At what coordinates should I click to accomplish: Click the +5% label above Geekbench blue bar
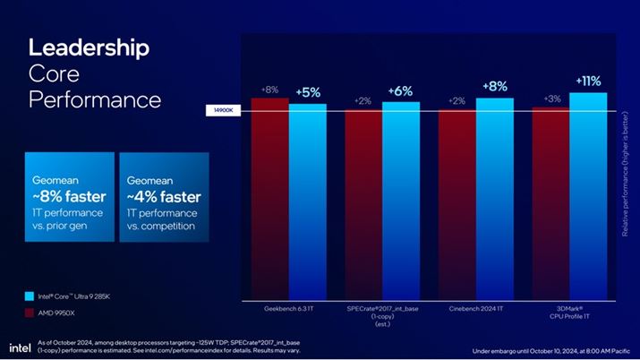(x=308, y=92)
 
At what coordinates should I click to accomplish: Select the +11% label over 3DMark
(x=587, y=81)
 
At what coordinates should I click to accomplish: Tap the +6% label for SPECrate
(x=400, y=91)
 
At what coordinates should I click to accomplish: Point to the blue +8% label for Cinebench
(x=494, y=86)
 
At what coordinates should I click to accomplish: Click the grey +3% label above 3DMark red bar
(x=552, y=99)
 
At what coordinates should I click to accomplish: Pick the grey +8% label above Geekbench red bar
(x=269, y=90)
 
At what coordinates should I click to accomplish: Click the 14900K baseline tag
(x=221, y=111)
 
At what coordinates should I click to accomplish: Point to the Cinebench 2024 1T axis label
(x=475, y=308)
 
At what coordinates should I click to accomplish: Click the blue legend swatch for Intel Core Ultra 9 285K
(x=30, y=295)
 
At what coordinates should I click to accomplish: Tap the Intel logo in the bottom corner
(x=20, y=347)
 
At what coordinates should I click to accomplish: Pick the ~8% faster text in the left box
(x=69, y=196)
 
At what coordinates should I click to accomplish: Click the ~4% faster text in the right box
(x=164, y=196)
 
